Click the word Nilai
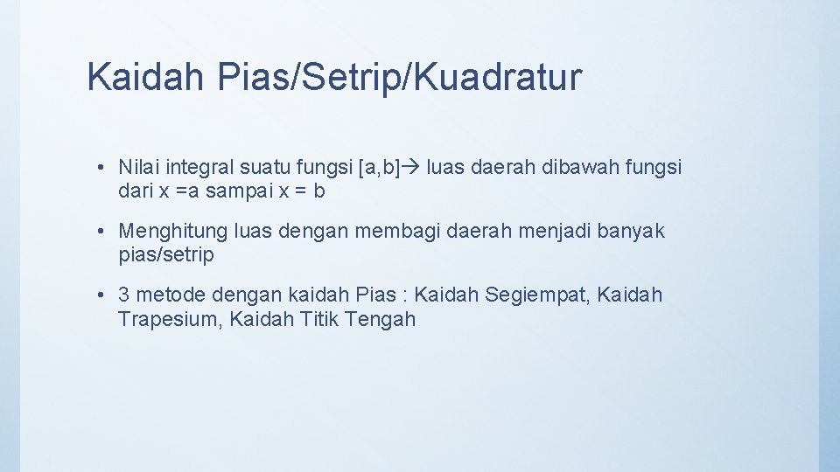click(139, 167)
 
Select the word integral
click(200, 167)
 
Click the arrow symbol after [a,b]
click(411, 167)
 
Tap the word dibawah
click(564, 167)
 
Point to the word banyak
click(631, 232)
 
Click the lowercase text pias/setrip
click(166, 255)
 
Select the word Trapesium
click(170, 319)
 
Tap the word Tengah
click(381, 319)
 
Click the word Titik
click(319, 319)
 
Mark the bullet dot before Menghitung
click(102, 232)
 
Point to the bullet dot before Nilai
click(102, 167)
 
